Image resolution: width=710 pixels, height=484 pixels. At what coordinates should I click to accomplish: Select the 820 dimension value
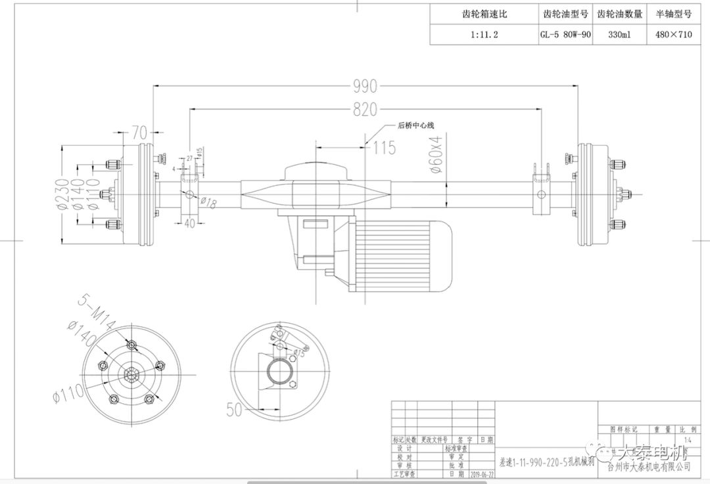(x=366, y=110)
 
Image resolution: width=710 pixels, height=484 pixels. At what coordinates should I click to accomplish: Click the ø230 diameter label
(x=64, y=194)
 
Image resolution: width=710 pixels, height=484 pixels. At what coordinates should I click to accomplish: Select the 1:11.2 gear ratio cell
(x=484, y=35)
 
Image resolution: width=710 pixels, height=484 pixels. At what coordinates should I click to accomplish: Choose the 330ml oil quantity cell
(x=620, y=35)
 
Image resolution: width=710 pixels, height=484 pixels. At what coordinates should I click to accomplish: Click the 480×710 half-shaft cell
(x=673, y=35)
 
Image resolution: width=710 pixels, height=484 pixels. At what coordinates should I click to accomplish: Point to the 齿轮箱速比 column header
(x=484, y=14)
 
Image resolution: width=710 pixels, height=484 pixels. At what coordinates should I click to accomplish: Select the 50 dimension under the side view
(x=235, y=409)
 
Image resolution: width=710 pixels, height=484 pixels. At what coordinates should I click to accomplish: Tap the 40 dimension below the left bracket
(x=190, y=223)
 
